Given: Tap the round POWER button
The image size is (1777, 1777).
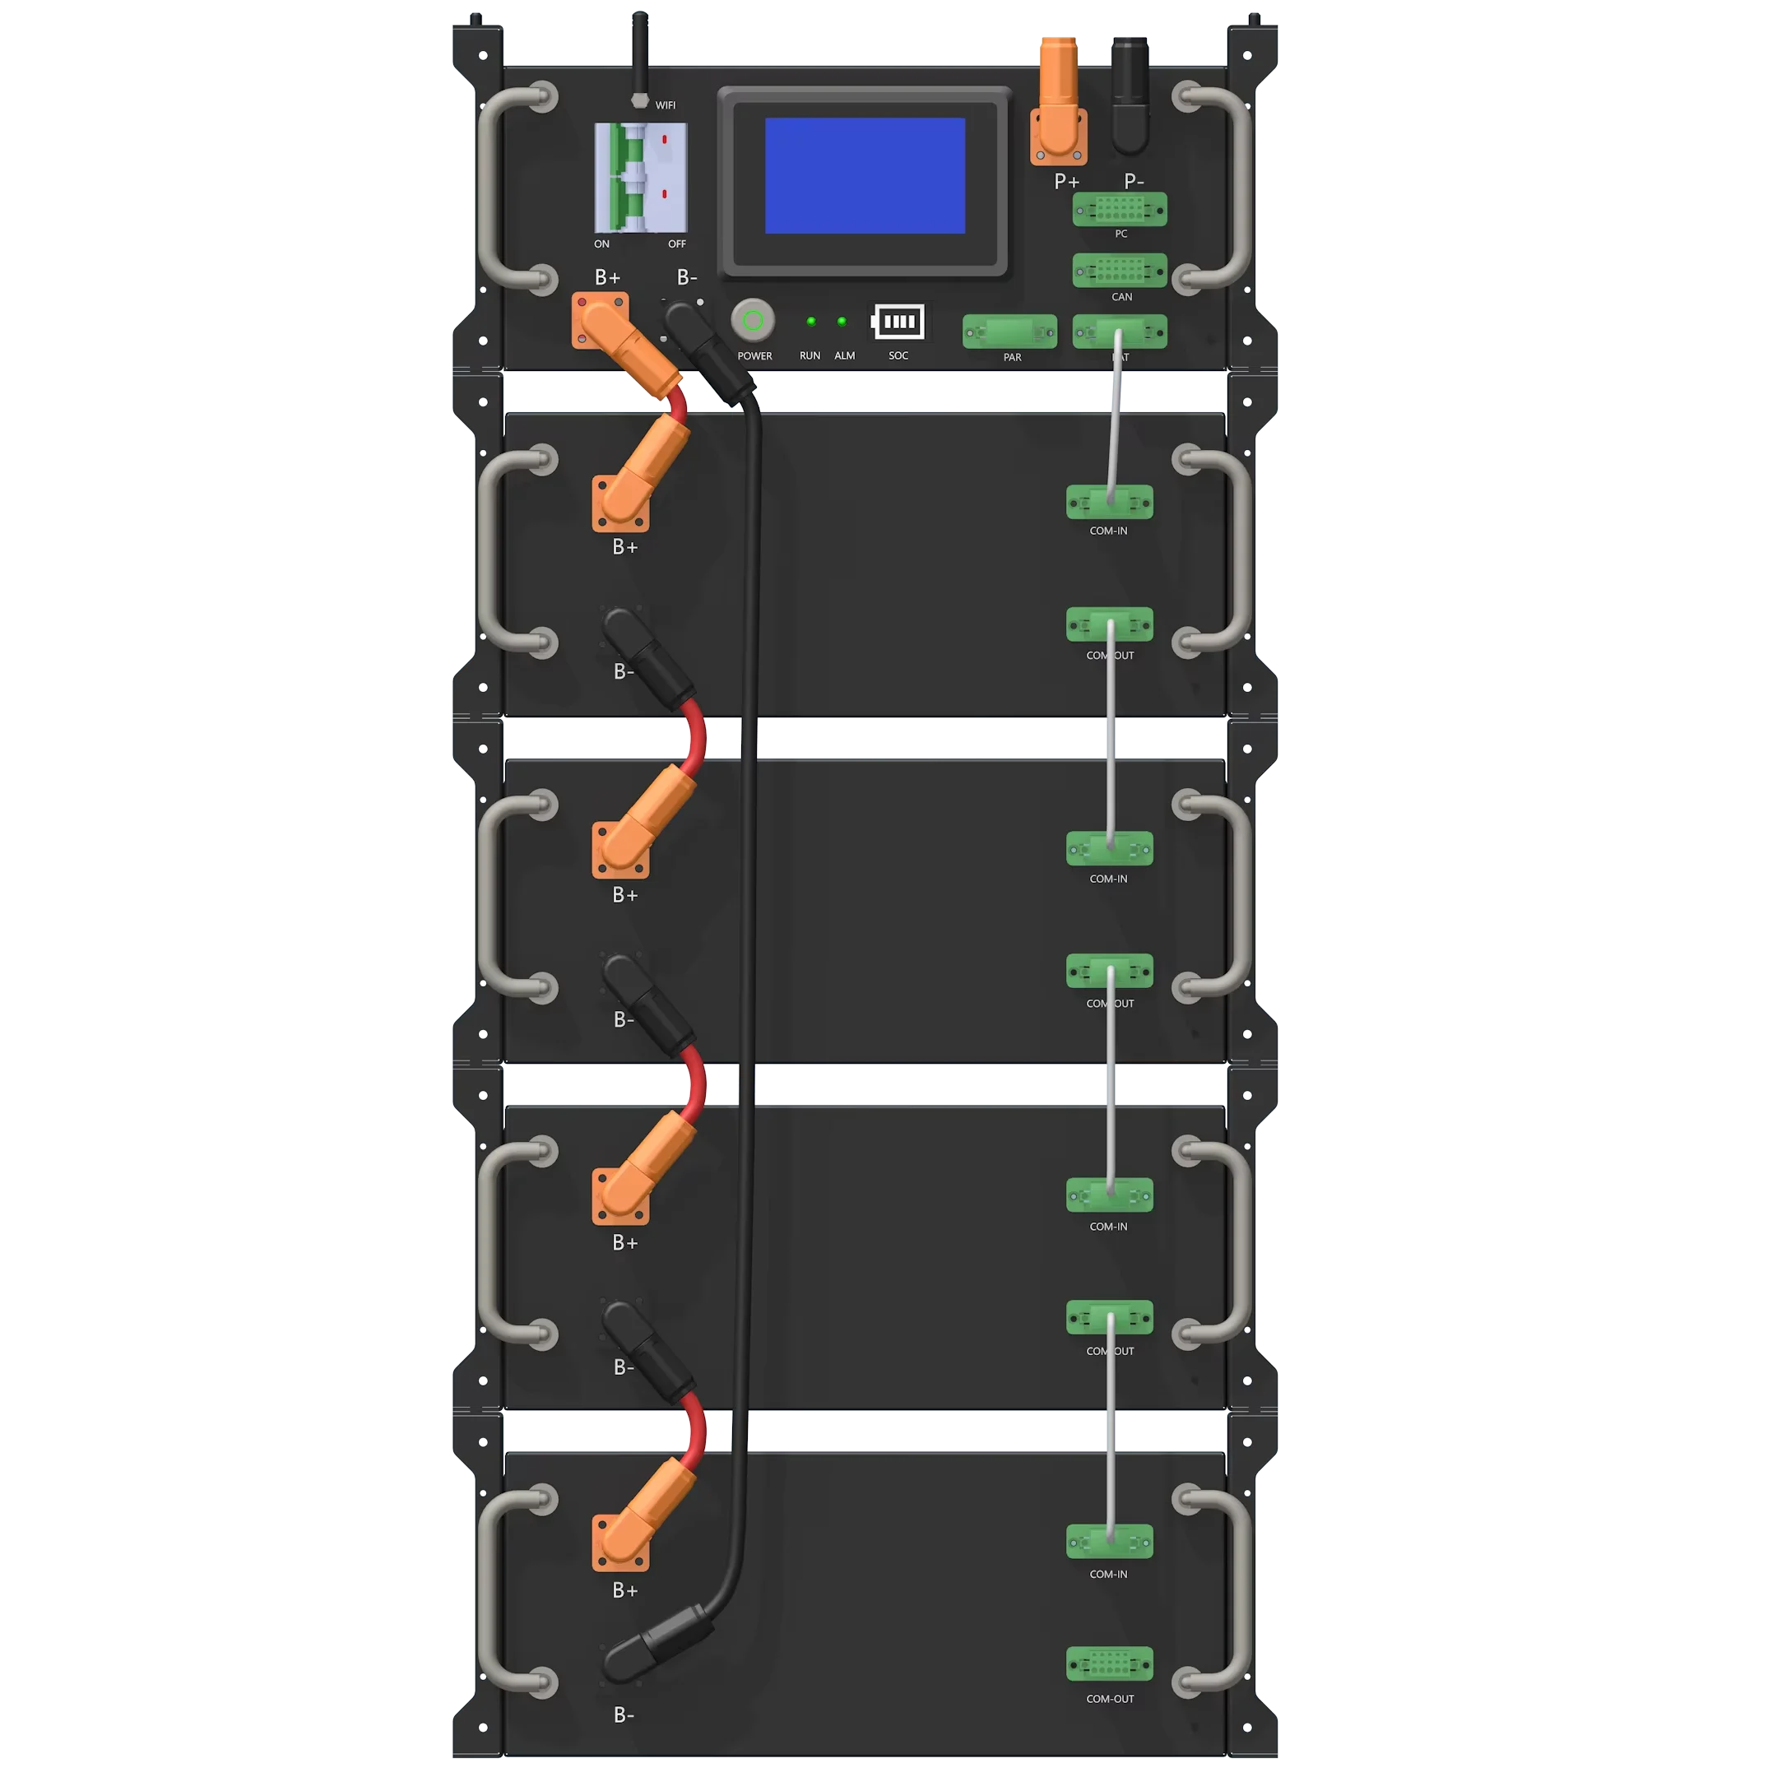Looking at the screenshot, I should (753, 320).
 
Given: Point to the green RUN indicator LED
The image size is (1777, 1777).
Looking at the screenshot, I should (810, 321).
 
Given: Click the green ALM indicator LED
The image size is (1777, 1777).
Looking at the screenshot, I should (842, 321).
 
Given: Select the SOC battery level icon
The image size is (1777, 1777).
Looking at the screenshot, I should (898, 322).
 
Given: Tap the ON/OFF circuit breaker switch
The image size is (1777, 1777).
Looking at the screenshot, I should (640, 178).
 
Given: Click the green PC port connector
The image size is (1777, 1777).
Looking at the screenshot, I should (1120, 210).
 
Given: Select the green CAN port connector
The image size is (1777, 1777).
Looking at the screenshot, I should (1120, 271).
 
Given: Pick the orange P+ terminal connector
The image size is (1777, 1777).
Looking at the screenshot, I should (1060, 101).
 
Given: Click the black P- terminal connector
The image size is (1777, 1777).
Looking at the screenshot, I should (1130, 96).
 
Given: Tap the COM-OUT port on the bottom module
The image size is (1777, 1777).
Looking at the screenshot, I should (1109, 1663).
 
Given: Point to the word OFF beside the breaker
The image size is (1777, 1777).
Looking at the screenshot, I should (677, 244).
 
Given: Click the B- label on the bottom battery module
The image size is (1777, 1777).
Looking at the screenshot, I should (624, 1714).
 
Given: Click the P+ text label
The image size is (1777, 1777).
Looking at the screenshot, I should (1066, 182).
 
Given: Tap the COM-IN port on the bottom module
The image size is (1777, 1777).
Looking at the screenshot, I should (1109, 1542).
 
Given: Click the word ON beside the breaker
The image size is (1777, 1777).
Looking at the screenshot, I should (601, 244).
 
